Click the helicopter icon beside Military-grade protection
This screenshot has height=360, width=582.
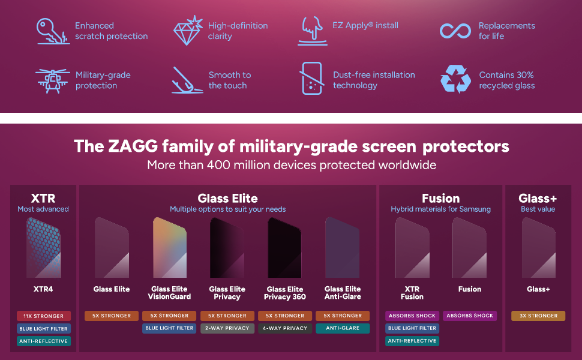click(x=53, y=80)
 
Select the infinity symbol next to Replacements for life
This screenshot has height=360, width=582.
click(x=455, y=31)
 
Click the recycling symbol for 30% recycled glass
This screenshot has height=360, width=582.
click(x=455, y=80)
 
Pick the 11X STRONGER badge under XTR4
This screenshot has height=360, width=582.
click(x=43, y=316)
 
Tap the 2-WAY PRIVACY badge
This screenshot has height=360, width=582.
click(x=227, y=328)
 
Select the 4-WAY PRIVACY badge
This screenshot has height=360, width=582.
click(x=285, y=328)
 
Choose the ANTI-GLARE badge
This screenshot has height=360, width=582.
click(x=343, y=328)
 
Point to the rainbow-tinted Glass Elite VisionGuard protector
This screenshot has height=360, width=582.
click(x=169, y=247)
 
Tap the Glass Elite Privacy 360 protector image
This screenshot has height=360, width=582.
click(x=284, y=247)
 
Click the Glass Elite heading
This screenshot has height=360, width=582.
click(x=227, y=198)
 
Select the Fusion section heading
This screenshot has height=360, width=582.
click(x=440, y=198)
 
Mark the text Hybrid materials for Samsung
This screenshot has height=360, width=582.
click(x=440, y=209)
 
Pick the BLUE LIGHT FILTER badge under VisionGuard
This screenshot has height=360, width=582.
click(x=169, y=328)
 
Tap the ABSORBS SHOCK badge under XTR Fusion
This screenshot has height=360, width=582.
click(x=412, y=316)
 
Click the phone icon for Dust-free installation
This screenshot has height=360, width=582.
click(x=311, y=79)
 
